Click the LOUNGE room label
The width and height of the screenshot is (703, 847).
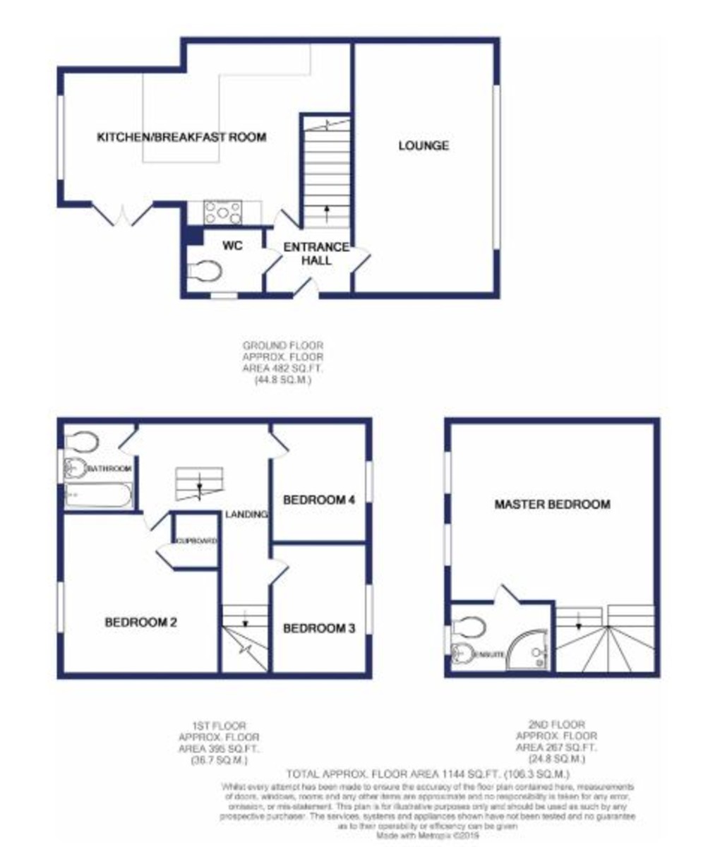[x=423, y=146]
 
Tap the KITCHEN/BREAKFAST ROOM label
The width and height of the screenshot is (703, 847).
[x=181, y=137]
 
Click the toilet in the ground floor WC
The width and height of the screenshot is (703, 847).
[x=205, y=269]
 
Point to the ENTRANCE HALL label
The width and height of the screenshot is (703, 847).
[x=316, y=253]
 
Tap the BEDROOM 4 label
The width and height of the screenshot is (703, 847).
[x=318, y=500]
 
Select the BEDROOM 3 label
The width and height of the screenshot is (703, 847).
[x=318, y=628]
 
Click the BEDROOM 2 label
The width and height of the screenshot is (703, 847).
[x=140, y=623]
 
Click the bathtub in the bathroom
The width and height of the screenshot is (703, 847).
[x=98, y=495]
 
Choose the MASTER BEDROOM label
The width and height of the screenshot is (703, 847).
[x=552, y=505]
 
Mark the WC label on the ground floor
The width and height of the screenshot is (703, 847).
[x=233, y=246]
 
